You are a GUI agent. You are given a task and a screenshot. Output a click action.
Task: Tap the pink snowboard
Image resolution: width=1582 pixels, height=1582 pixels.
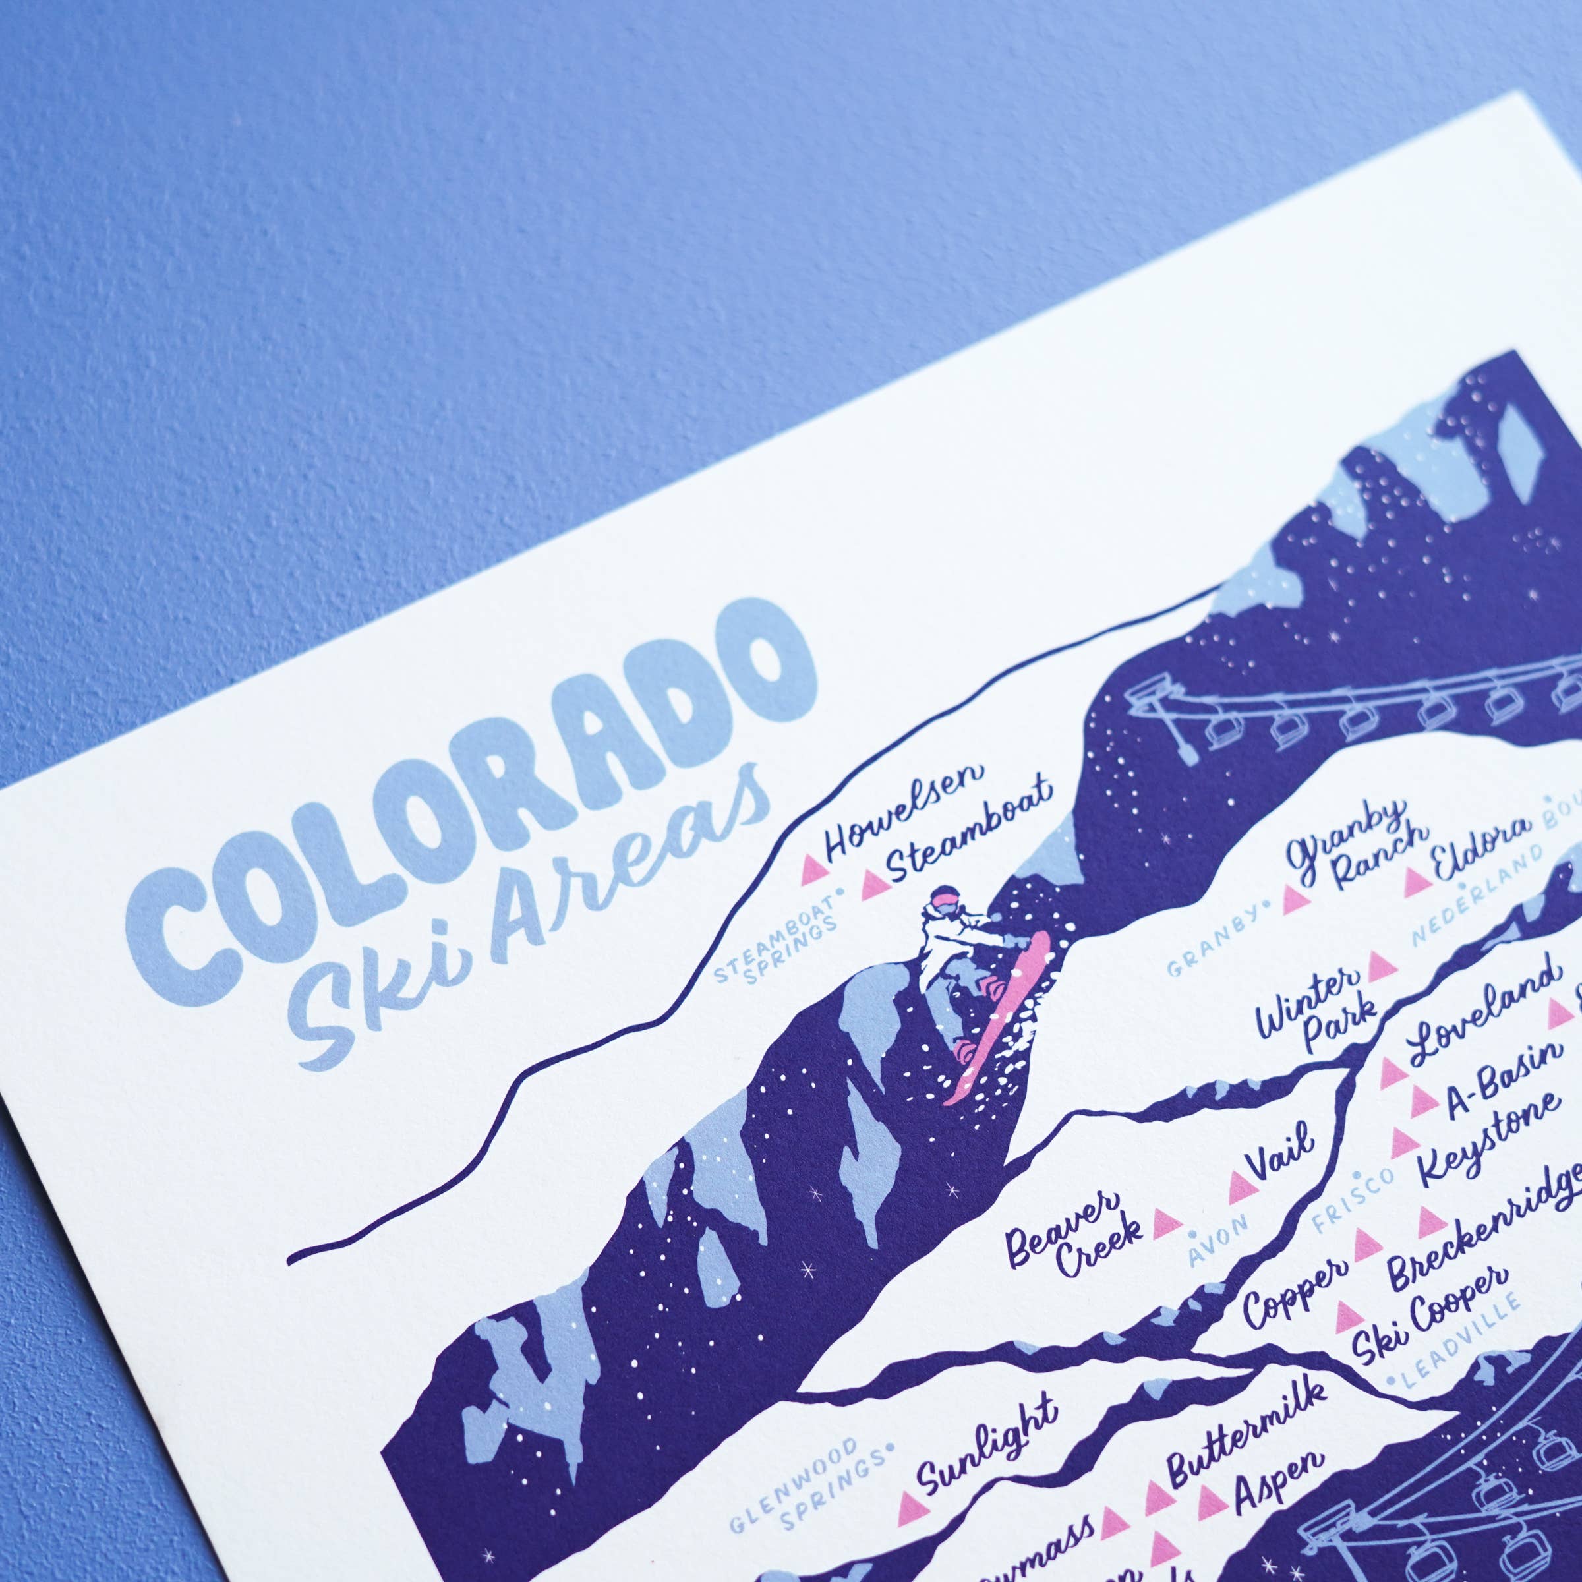[999, 1024]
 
